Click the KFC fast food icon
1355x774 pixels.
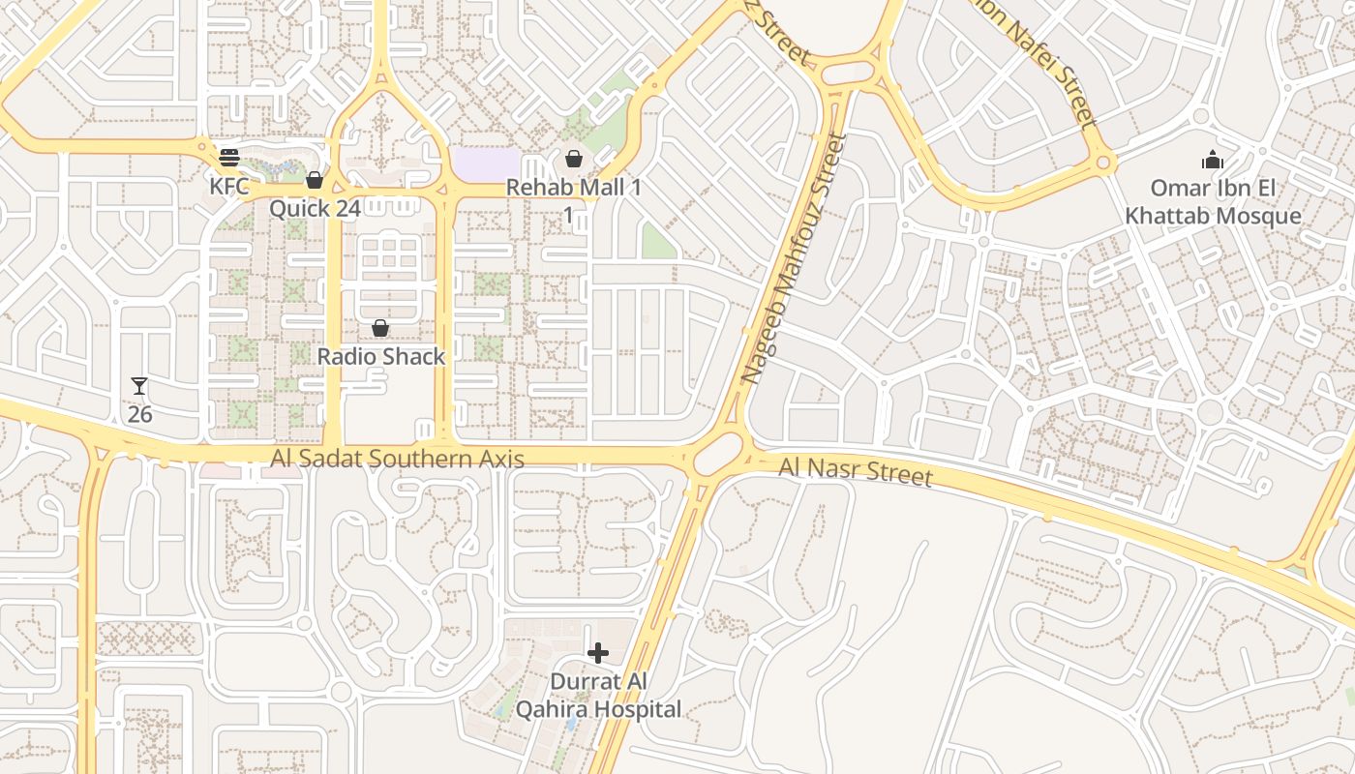(x=229, y=158)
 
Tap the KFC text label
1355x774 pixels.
(x=229, y=185)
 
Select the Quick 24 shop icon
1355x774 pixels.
(x=314, y=180)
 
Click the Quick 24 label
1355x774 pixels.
(x=315, y=208)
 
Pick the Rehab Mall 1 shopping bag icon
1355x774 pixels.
(x=574, y=159)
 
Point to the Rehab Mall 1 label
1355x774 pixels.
(x=574, y=188)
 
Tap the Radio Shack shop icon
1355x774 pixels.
(x=380, y=329)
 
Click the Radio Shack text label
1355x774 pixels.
(x=381, y=356)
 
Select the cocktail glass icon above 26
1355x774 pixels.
(x=139, y=387)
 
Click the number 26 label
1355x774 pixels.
(x=140, y=414)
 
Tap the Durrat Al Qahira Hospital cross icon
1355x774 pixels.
(x=598, y=653)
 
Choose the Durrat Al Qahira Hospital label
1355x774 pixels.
(x=598, y=696)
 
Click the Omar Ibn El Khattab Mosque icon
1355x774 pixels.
(x=1213, y=160)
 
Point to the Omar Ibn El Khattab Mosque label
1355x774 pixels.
(x=1213, y=201)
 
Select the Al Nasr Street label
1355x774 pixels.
(x=856, y=473)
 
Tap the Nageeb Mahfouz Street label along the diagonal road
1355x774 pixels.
(x=794, y=259)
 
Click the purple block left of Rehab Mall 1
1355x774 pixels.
(x=486, y=162)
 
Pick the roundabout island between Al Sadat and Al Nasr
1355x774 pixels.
(x=718, y=454)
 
